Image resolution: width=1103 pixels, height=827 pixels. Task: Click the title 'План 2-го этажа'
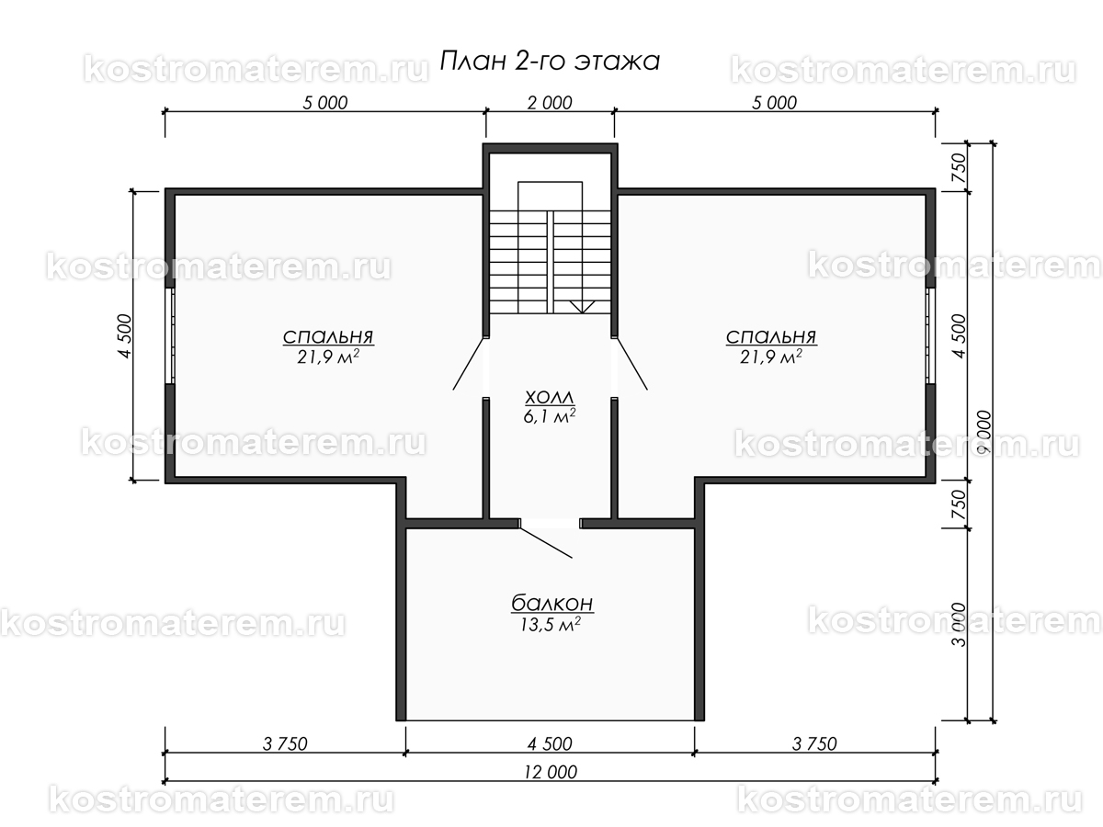click(550, 62)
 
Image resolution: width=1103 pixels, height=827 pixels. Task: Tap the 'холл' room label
click(550, 397)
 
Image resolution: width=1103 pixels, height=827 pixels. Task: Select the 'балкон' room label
click(551, 603)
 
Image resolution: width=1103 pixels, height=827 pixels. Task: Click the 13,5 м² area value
click(551, 625)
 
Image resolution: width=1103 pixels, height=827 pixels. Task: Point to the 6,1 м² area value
click(550, 416)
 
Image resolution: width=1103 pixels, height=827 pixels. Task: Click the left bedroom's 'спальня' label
click(328, 336)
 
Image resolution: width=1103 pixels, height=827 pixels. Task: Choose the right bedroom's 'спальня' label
click(771, 336)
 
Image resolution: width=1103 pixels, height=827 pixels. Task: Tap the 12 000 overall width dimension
click(551, 772)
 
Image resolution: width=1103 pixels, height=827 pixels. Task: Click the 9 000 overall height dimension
click(985, 432)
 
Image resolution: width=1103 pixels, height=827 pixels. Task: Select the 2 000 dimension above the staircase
click(550, 103)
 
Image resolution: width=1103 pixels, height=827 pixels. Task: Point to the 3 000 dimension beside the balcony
click(960, 625)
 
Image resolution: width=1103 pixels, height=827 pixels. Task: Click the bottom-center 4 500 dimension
click(550, 743)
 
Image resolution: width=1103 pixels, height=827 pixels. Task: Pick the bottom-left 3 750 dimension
click(285, 743)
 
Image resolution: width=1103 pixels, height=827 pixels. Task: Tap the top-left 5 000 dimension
click(325, 103)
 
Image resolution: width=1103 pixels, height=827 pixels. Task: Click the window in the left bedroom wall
click(170, 336)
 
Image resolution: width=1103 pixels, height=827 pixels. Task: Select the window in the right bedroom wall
click(930, 336)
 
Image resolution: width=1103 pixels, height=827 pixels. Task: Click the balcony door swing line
click(546, 542)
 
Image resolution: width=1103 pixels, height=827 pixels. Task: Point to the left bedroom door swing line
click(468, 364)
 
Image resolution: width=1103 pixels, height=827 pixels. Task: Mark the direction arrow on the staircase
click(582, 307)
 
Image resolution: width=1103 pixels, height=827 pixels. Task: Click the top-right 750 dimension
click(960, 168)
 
